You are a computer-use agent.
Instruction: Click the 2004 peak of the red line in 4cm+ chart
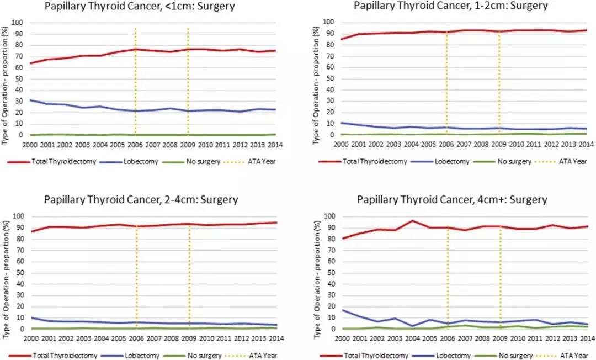click(x=412, y=221)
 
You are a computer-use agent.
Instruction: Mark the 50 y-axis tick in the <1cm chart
click(x=20, y=78)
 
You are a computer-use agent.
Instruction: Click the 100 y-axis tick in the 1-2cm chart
click(x=330, y=22)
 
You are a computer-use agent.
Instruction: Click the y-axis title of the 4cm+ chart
click(x=317, y=273)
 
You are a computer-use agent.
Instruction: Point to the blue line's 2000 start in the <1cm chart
click(x=30, y=100)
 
